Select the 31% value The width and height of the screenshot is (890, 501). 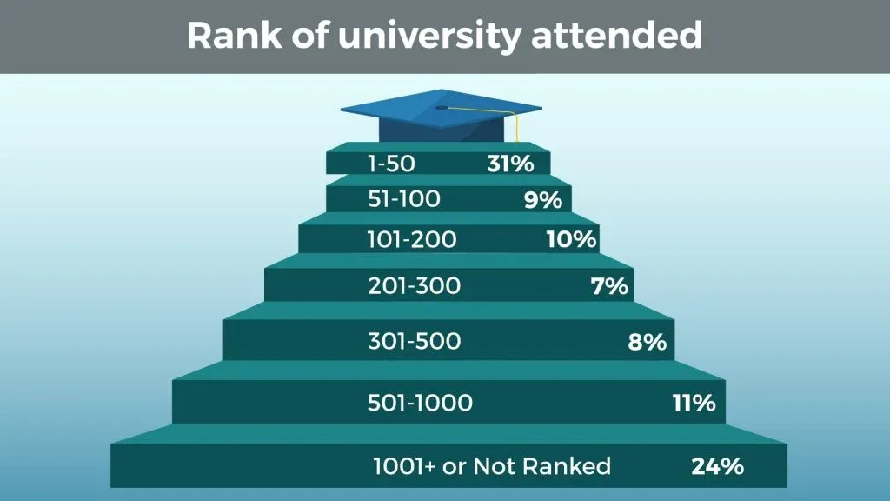(509, 163)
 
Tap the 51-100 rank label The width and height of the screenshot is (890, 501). (404, 199)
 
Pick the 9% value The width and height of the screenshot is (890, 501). (543, 200)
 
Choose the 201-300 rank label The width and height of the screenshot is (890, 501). (414, 285)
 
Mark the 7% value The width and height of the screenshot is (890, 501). (609, 285)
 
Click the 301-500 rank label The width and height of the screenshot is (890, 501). (415, 342)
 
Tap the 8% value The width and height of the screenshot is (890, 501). (648, 342)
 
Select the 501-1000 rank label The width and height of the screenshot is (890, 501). (421, 403)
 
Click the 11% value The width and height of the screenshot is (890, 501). (694, 403)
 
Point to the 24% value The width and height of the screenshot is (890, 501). (718, 466)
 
